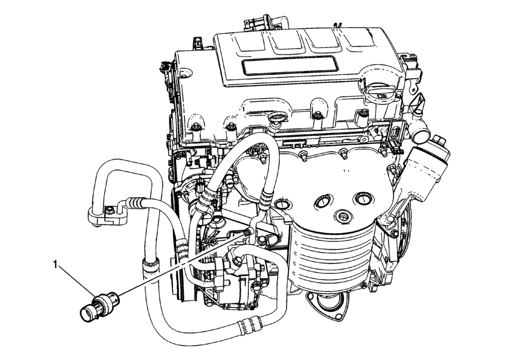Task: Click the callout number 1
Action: click(55, 264)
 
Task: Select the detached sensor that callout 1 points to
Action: click(99, 306)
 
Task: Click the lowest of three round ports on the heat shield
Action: click(343, 216)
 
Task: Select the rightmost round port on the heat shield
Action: click(362, 199)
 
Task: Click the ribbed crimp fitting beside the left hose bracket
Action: click(134, 203)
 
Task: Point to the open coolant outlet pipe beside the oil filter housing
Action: click(420, 135)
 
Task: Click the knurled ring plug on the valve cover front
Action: click(275, 119)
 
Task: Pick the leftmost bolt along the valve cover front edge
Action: click(195, 127)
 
